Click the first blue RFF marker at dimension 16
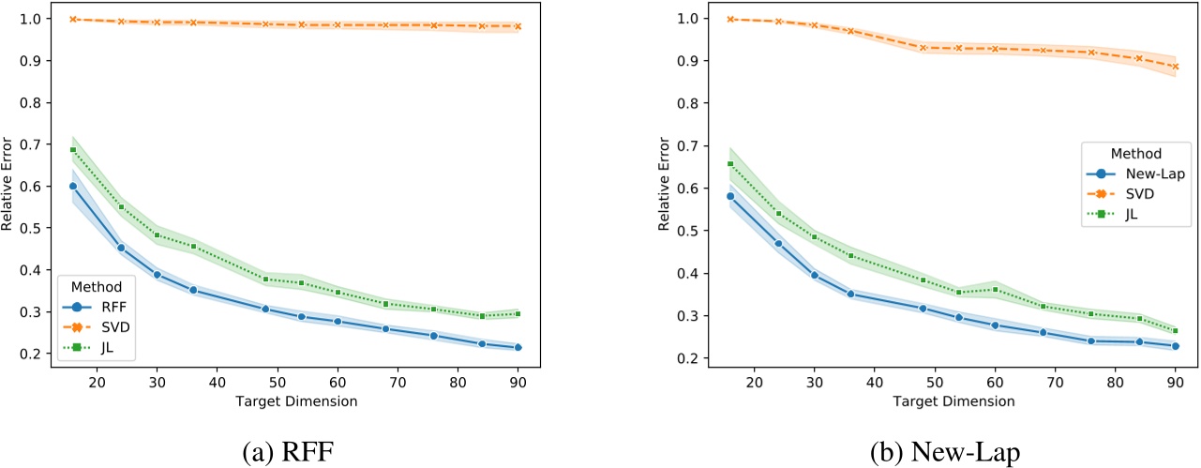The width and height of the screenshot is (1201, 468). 73,186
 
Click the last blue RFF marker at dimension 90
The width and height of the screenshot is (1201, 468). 518,347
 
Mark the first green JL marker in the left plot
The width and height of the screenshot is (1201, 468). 73,150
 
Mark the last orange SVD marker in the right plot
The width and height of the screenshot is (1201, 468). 1174,67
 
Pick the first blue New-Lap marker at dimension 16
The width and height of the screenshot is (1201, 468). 730,196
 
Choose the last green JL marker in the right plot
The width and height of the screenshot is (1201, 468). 1174,330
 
